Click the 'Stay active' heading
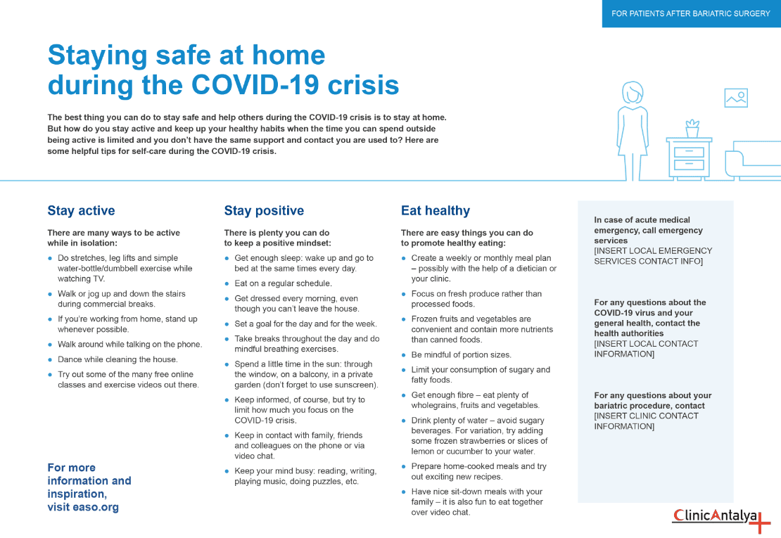(81, 211)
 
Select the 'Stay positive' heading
(264, 211)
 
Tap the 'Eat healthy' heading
(435, 211)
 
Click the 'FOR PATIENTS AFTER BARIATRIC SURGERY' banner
(691, 13)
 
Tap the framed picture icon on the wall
(735, 98)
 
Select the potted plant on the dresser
(692, 129)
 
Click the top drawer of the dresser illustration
(689, 152)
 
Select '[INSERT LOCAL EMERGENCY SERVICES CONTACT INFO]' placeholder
(653, 256)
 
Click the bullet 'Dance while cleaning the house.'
(118, 359)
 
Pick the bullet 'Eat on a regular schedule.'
(283, 283)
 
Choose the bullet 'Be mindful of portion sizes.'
(461, 354)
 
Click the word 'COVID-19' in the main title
(260, 85)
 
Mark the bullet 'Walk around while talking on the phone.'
(129, 345)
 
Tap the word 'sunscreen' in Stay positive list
(355, 385)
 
